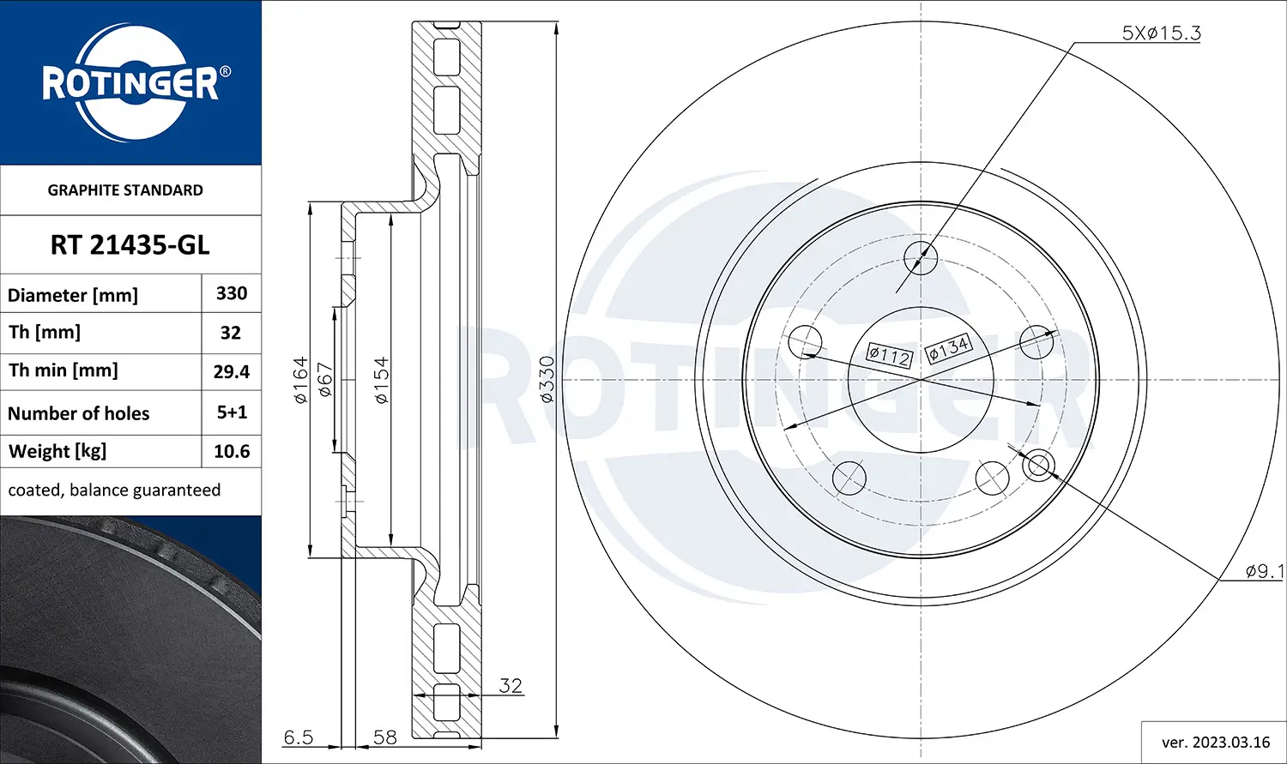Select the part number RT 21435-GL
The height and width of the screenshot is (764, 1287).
point(130,245)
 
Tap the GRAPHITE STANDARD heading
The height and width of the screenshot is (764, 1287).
point(125,190)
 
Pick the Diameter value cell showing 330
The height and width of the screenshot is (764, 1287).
point(232,293)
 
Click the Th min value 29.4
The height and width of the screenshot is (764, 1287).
point(232,371)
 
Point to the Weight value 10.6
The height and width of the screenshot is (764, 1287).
point(232,451)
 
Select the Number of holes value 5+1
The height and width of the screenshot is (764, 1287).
point(232,412)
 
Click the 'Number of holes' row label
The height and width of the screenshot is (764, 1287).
point(79,413)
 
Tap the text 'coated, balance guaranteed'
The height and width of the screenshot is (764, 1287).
point(114,490)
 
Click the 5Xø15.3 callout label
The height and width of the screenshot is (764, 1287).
point(1161,33)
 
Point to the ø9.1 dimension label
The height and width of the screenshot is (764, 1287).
point(1264,571)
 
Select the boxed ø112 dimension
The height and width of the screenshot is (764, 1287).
point(889,355)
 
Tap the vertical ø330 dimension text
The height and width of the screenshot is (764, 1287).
point(547,379)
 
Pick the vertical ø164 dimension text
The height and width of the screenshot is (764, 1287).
point(300,380)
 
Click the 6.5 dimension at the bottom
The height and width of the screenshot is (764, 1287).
point(299,737)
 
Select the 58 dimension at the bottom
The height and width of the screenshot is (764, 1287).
point(385,737)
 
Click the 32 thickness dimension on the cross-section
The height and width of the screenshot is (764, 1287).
point(511,685)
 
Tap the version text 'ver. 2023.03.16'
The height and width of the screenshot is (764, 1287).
point(1215,742)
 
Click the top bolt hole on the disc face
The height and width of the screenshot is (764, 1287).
point(921,256)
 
